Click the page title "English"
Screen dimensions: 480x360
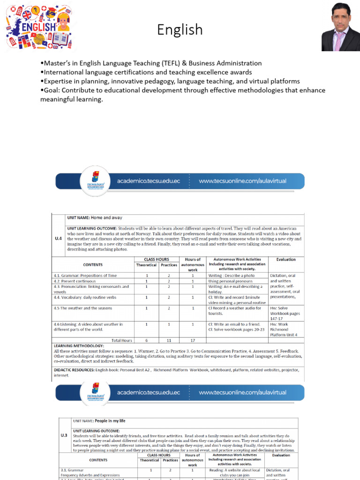coord(180,30)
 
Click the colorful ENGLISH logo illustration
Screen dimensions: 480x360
coord(39,27)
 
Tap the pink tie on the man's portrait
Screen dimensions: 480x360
coord(339,41)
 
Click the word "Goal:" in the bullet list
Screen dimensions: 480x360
coord(53,90)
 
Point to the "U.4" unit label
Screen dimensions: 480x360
coord(59,238)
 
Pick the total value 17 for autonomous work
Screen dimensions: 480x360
coord(192,340)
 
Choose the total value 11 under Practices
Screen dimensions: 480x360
coord(169,340)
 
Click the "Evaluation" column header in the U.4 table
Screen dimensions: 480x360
coord(286,259)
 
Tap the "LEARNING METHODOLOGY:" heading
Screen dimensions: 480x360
coord(78,345)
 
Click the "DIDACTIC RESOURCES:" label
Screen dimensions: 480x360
coord(74,370)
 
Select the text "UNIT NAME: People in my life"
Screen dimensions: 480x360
coord(99,421)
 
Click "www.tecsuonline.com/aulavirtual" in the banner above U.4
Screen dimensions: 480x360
coord(242,181)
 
